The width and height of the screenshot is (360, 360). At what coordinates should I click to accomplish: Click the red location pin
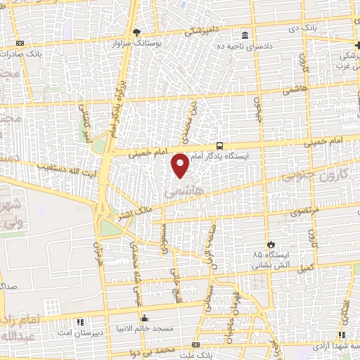181,165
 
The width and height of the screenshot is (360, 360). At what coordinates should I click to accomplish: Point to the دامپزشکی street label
204,30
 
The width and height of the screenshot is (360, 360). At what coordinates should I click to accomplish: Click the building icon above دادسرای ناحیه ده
244,35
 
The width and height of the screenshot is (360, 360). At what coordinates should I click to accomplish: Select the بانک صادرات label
39,53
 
